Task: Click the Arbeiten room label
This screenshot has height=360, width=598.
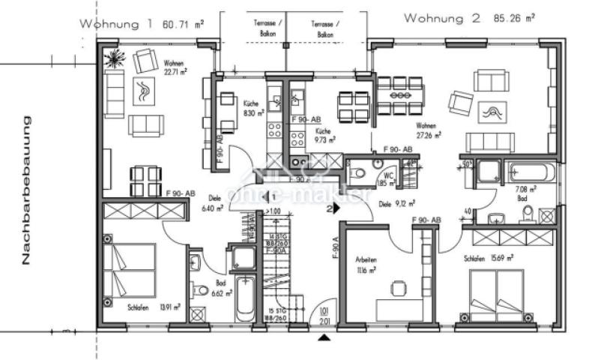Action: click(x=366, y=260)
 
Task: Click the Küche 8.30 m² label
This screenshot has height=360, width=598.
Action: click(x=250, y=109)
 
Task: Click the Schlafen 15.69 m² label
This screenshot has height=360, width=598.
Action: click(x=488, y=258)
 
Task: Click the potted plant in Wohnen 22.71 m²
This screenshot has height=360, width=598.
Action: click(x=115, y=58)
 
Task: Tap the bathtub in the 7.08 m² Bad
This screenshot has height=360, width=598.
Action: click(x=531, y=172)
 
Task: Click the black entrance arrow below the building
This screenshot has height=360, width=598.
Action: click(x=323, y=338)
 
